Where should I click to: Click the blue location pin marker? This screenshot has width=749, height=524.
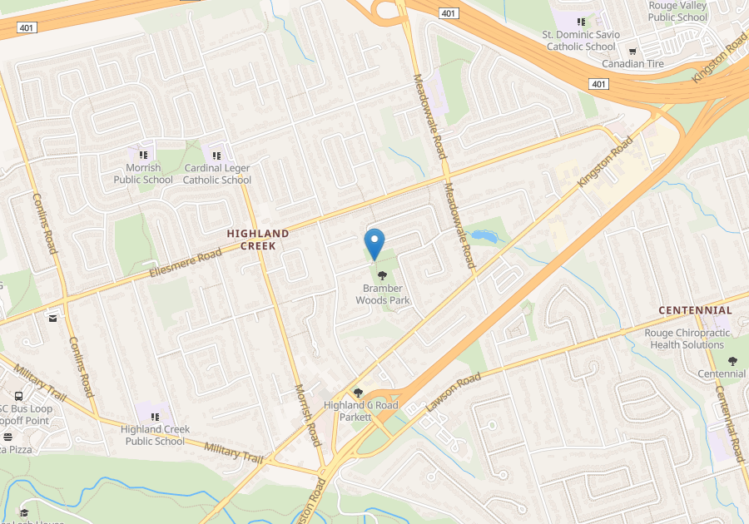(374, 243)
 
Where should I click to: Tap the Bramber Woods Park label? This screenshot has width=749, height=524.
(383, 294)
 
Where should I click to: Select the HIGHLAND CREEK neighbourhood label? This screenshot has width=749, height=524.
(258, 240)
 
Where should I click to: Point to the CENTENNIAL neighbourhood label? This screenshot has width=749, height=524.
(695, 310)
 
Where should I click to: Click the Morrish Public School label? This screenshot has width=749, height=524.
(143, 174)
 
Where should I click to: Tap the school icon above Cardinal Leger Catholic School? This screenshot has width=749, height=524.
(217, 155)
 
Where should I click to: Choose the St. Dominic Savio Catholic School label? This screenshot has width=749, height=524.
(581, 41)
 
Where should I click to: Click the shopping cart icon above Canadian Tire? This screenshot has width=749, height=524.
(632, 51)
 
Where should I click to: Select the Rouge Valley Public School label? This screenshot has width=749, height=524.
(677, 11)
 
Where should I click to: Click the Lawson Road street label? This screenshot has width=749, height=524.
(454, 393)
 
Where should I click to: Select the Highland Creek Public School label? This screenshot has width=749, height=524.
(155, 435)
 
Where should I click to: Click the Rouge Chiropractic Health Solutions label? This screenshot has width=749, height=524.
(687, 339)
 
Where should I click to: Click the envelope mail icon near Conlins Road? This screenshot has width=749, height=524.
(53, 318)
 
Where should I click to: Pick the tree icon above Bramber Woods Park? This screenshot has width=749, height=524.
(382, 275)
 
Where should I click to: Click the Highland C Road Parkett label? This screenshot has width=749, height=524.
(360, 410)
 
